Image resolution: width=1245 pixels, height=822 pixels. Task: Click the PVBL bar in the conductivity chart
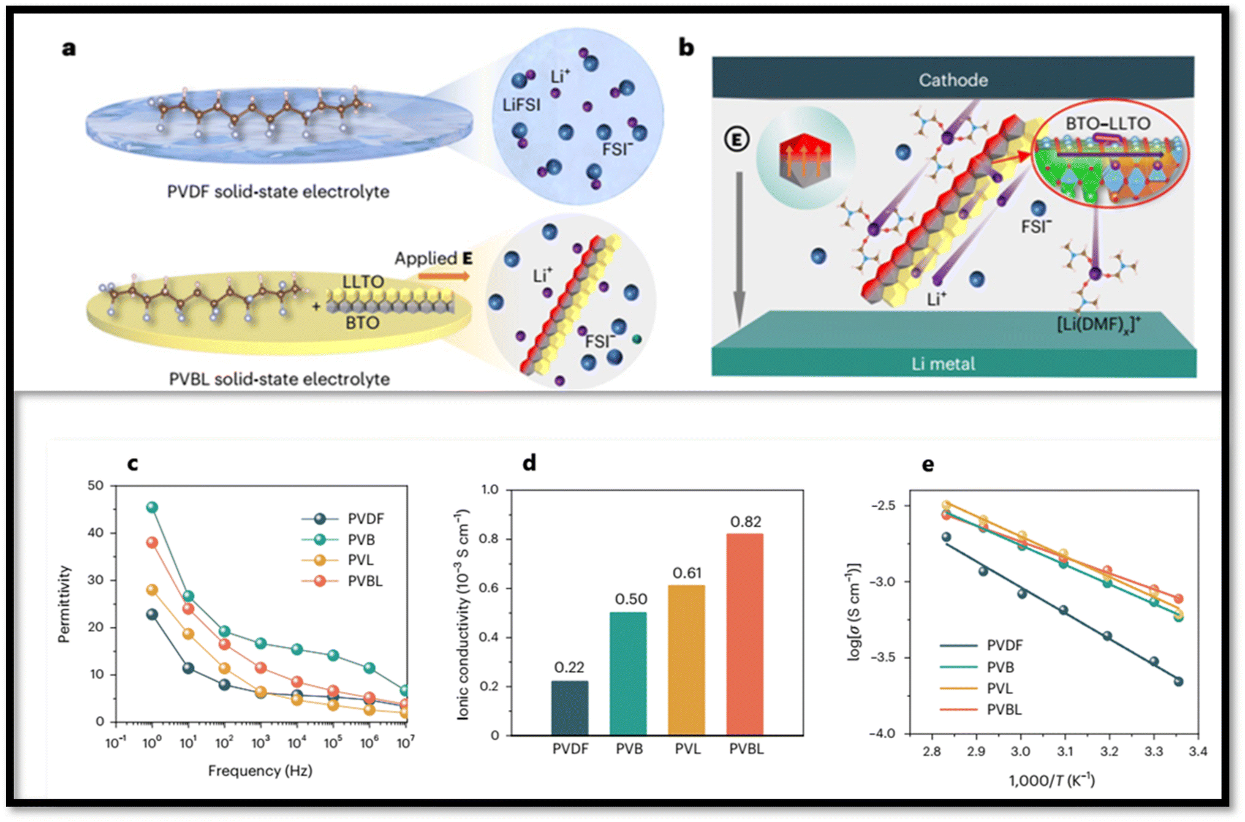click(x=744, y=634)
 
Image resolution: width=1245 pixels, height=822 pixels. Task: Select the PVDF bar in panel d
click(x=569, y=708)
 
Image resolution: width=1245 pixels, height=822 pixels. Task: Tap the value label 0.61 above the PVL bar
click(x=687, y=573)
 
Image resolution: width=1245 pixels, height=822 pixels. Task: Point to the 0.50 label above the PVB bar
click(x=630, y=599)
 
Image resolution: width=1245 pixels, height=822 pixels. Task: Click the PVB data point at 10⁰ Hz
click(x=152, y=507)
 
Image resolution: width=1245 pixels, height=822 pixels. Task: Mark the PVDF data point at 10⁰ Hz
click(x=152, y=614)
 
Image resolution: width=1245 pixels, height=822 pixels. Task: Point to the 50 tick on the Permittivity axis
click(x=96, y=485)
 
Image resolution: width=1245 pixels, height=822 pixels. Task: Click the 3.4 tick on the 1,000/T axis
click(x=1198, y=752)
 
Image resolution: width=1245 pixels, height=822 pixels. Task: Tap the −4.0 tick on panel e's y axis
click(x=884, y=733)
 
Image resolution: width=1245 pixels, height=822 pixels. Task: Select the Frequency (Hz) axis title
click(x=260, y=771)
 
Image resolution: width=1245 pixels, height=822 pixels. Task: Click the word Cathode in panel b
click(x=953, y=80)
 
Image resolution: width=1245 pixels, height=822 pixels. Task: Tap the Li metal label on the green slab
click(x=943, y=364)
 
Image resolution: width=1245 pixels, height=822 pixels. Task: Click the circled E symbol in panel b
click(x=736, y=140)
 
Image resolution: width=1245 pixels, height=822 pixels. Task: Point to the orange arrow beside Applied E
click(x=444, y=276)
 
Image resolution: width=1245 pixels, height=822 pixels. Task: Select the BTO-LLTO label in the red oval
click(x=1108, y=124)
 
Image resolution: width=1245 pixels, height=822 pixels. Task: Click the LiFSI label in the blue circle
click(x=521, y=105)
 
